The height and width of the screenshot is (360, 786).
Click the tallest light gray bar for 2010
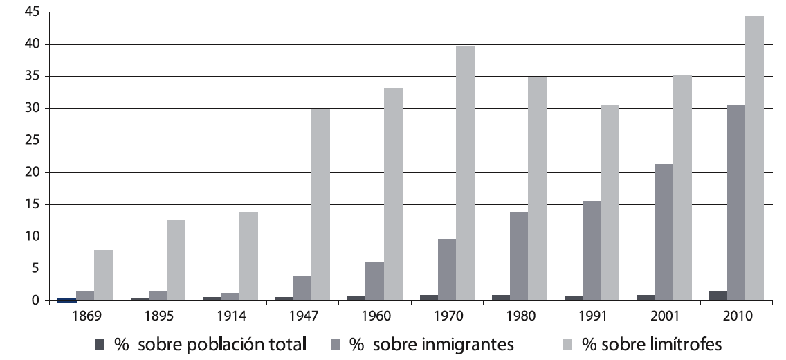pos(754,159)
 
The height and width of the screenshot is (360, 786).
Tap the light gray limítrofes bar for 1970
pos(465,173)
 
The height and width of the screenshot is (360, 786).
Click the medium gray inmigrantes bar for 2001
pos(664,233)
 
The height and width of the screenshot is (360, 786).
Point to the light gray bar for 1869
pos(104,276)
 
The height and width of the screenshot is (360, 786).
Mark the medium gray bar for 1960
pos(374,282)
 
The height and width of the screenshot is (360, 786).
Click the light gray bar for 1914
pos(248,256)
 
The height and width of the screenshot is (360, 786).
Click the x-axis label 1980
pos(519,316)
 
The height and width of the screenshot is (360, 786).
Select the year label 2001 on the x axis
pos(664,316)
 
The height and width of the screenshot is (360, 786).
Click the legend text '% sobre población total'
pos(210,344)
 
